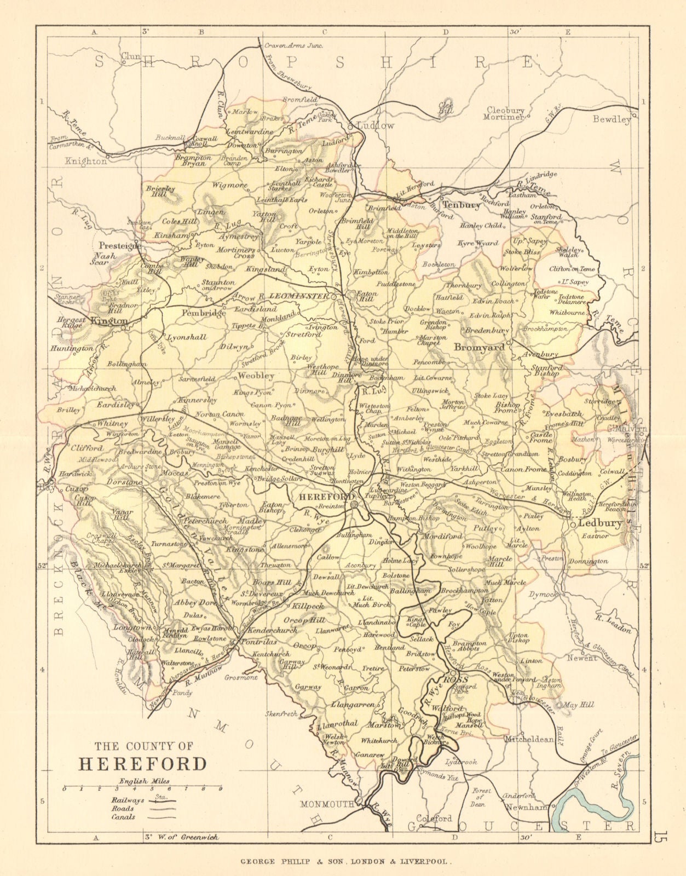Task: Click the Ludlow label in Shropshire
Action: pos(375,125)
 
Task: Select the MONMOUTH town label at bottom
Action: pos(327,805)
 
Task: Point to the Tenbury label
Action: pos(461,205)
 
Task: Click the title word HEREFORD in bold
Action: pos(143,764)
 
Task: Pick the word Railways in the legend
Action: pos(126,800)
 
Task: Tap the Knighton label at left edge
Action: pos(86,162)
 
